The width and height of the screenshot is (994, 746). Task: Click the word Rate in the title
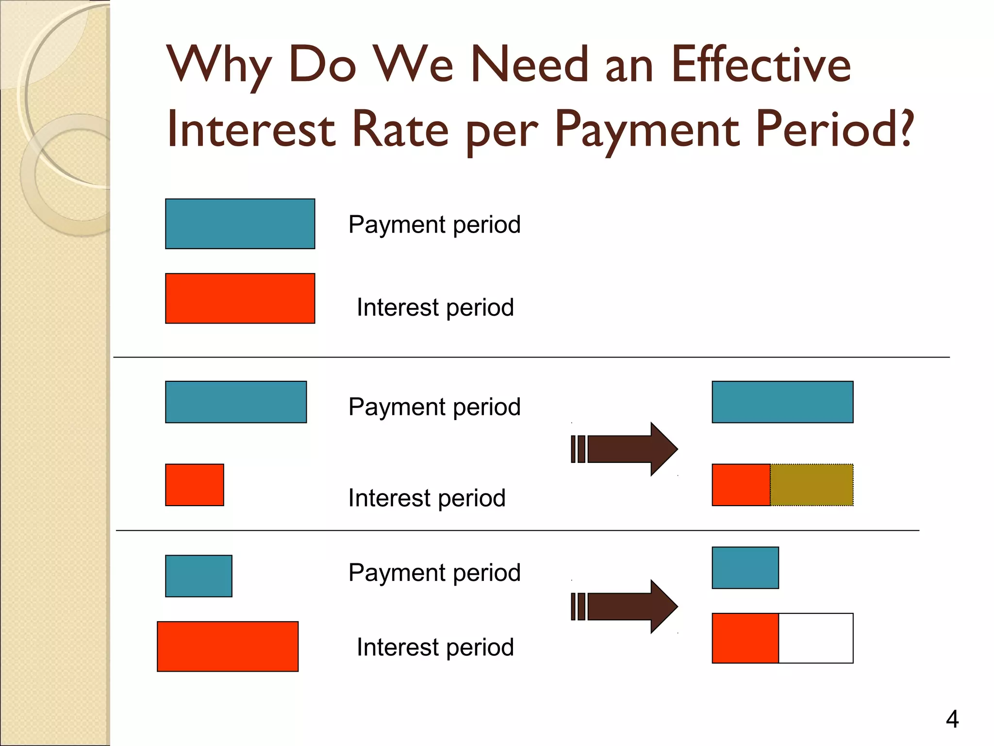click(400, 129)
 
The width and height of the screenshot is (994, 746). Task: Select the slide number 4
click(952, 719)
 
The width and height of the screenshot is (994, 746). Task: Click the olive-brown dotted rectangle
click(812, 485)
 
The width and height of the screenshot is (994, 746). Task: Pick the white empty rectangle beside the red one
click(815, 638)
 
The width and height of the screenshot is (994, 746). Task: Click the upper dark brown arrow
click(626, 449)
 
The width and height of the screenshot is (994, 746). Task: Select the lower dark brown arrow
click(626, 606)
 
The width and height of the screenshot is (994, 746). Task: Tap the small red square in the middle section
click(194, 485)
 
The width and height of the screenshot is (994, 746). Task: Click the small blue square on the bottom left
click(199, 576)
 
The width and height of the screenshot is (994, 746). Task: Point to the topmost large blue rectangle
click(240, 224)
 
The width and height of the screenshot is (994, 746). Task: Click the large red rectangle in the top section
click(240, 298)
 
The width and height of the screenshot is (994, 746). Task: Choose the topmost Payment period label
click(434, 224)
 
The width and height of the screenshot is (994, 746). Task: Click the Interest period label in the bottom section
click(435, 647)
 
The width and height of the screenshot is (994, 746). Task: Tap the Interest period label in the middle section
click(427, 498)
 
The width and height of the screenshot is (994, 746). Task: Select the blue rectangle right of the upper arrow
click(782, 402)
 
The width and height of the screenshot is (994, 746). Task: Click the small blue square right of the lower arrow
click(745, 568)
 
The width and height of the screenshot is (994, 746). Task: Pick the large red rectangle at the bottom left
click(228, 646)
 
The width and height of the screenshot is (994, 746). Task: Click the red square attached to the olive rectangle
click(741, 485)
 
